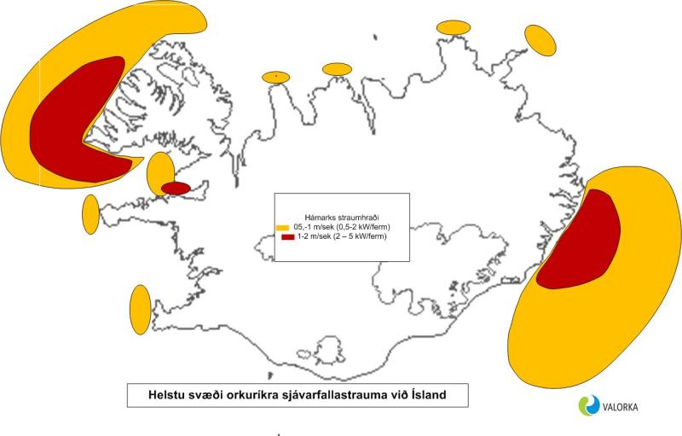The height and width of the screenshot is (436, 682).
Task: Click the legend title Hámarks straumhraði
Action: pyautogui.click(x=341, y=217)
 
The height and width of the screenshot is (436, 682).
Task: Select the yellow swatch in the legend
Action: pyautogui.click(x=282, y=228)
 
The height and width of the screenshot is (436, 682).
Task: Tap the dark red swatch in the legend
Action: pyautogui.click(x=282, y=237)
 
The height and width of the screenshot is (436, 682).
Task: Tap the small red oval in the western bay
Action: pyautogui.click(x=176, y=188)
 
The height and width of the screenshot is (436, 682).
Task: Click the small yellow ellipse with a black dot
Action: pyautogui.click(x=276, y=78)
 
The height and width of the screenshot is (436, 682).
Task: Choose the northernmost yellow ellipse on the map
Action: pyautogui.click(x=454, y=27)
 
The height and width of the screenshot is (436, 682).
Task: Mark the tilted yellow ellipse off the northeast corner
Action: pyautogui.click(x=539, y=39)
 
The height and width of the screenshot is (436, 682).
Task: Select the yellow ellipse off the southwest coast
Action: pyautogui.click(x=139, y=309)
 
